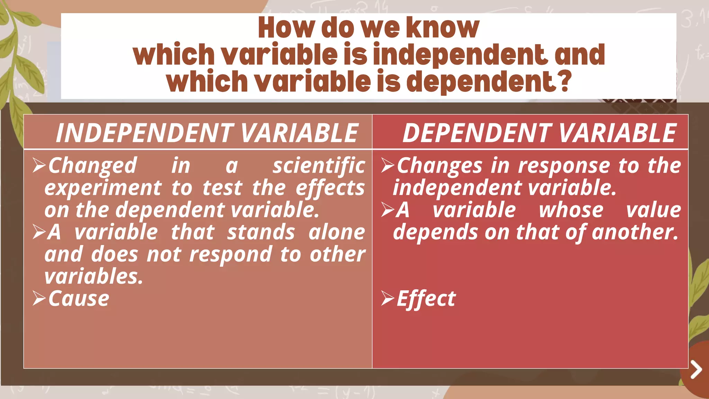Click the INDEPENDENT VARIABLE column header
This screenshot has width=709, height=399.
[x=207, y=133]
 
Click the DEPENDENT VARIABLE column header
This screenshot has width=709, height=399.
[x=539, y=133]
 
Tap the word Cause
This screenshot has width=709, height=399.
[x=79, y=299]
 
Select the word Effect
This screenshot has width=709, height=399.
[x=426, y=299]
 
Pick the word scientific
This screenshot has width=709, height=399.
[x=318, y=166]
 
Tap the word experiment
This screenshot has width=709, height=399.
[x=103, y=188]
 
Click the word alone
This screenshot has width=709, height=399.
[x=336, y=232]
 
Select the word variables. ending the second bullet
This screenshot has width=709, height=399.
[x=93, y=276]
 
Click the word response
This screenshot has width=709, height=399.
[x=564, y=166]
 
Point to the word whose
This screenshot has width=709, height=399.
[x=571, y=210]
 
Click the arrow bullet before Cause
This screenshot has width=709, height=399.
[x=39, y=299]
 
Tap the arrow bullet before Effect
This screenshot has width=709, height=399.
[x=387, y=299]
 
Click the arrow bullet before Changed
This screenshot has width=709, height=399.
[x=39, y=166]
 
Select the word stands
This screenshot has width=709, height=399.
[x=261, y=232]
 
